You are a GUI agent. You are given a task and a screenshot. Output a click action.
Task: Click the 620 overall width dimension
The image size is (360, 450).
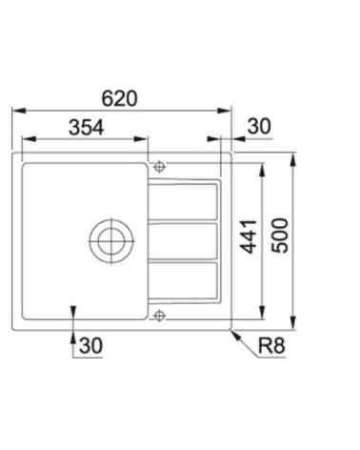coord(121,97)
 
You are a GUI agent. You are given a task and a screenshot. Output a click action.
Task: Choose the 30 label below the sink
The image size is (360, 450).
coord(90,344)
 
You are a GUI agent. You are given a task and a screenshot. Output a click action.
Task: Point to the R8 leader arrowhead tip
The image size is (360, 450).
coord(231,329)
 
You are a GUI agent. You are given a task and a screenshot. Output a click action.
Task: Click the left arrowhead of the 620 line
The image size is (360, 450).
coord(14,112)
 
